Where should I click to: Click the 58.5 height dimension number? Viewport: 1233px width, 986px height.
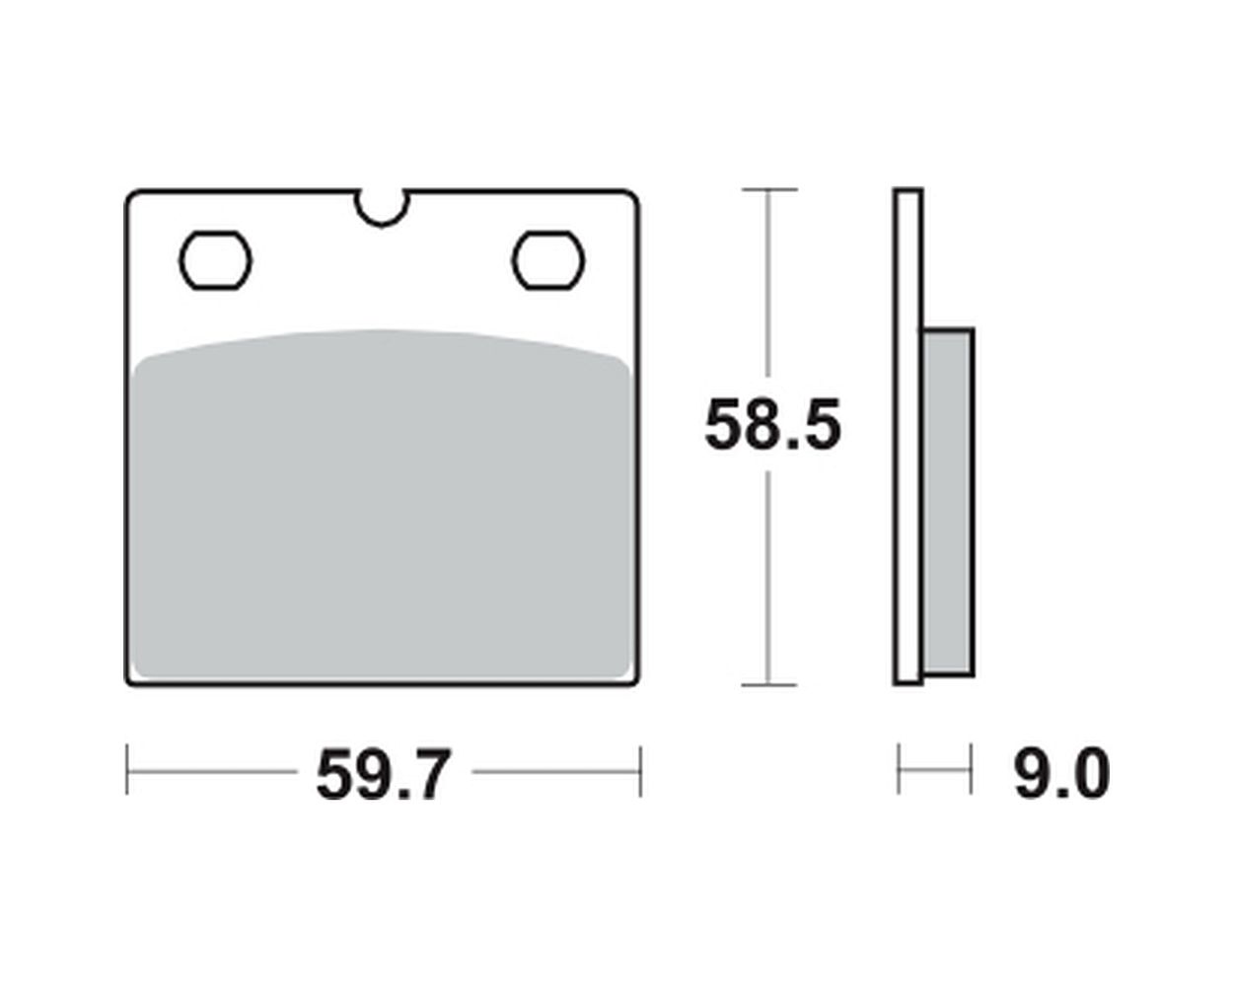coord(773,425)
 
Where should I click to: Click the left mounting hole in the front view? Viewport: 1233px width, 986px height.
coord(215,260)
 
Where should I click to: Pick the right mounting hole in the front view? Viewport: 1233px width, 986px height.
coord(548,260)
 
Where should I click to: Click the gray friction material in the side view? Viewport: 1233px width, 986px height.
coord(948,503)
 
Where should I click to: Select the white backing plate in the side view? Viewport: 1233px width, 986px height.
coord(908,437)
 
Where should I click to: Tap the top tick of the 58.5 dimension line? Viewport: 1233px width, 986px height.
coord(768,189)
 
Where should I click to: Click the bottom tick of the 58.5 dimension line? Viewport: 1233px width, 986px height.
coord(768,684)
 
